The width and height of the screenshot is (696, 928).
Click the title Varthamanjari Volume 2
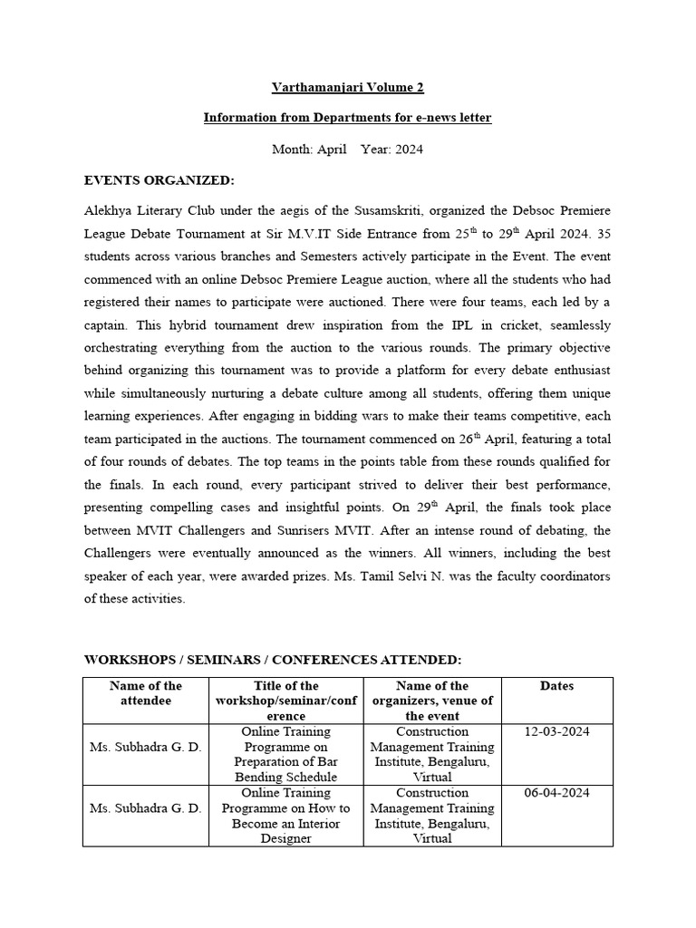point(347,87)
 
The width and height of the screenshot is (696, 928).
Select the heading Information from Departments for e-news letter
point(347,118)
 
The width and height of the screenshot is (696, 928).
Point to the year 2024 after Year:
point(407,150)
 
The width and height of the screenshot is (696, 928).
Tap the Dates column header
point(556,686)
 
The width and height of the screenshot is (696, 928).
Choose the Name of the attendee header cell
point(146,694)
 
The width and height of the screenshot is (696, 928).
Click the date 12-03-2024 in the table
point(556,732)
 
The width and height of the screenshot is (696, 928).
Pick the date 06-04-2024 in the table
point(556,793)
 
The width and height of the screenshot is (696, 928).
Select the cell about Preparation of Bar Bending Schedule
point(285,754)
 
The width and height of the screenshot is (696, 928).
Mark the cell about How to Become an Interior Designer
point(285,816)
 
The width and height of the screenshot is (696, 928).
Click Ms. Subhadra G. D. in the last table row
point(146,808)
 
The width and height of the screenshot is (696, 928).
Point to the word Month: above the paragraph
point(291,150)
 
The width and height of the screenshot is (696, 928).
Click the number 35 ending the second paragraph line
point(603,233)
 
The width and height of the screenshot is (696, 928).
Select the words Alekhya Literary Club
point(149,210)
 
